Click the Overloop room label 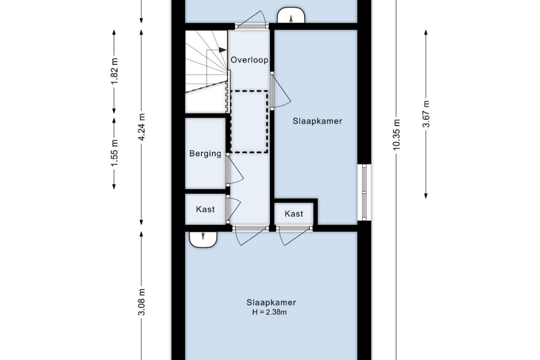coord(249,60)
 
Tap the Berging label coord(205,153)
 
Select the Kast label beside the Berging coord(205,209)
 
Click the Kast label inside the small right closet coord(293,214)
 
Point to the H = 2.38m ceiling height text coord(269,312)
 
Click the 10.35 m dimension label coord(396,135)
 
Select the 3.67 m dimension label coord(426,114)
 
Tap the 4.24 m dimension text coord(141,127)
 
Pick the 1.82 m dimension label coord(114,71)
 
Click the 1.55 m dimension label coord(114,153)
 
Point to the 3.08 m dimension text coord(141,302)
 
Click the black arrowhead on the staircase coord(222,50)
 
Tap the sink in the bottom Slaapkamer coord(203,239)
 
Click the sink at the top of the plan coord(291,15)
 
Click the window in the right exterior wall coord(364,193)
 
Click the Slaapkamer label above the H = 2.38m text coord(271,302)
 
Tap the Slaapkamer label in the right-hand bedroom coord(317,121)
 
